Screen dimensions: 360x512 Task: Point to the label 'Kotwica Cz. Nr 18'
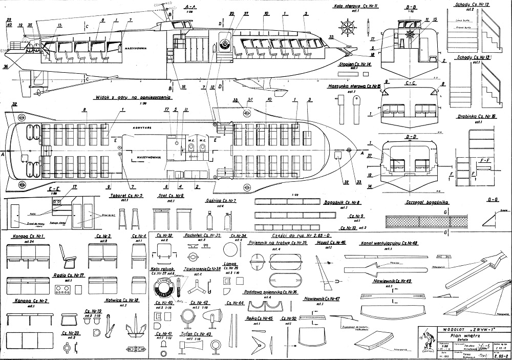coord(122,301)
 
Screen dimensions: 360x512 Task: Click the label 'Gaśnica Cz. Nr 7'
coord(220,201)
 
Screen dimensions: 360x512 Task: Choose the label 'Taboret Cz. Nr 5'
coord(125,196)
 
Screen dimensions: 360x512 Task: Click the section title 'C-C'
coord(410,82)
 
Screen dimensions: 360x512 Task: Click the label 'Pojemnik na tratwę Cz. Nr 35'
coord(276,243)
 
